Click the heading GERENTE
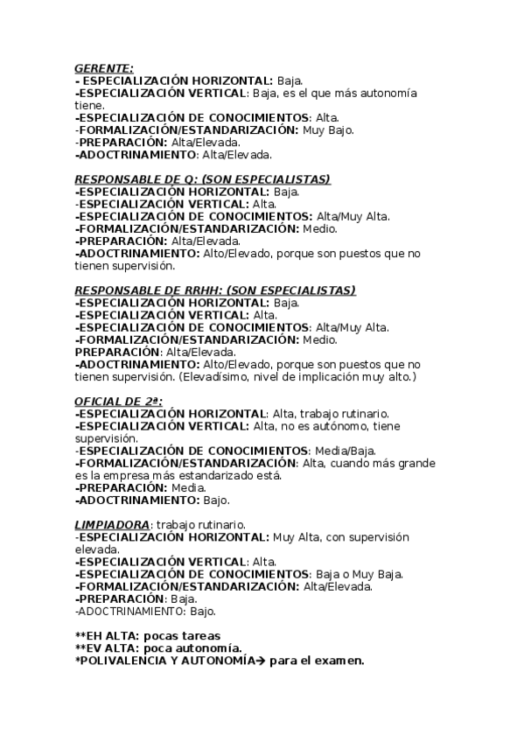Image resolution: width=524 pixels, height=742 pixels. pyautogui.click(x=104, y=67)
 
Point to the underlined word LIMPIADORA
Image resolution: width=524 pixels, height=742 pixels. pyautogui.click(x=111, y=524)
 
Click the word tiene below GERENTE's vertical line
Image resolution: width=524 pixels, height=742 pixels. pyautogui.click(x=88, y=105)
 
